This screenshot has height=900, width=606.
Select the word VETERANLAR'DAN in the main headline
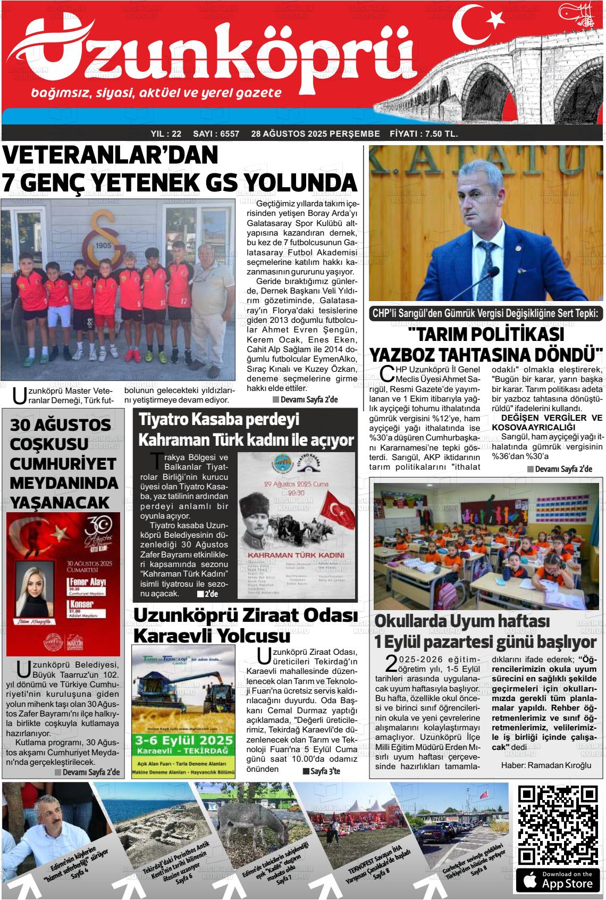click(111, 155)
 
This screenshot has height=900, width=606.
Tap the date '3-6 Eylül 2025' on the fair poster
click(184, 740)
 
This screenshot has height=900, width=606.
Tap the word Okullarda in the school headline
click(411, 621)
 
